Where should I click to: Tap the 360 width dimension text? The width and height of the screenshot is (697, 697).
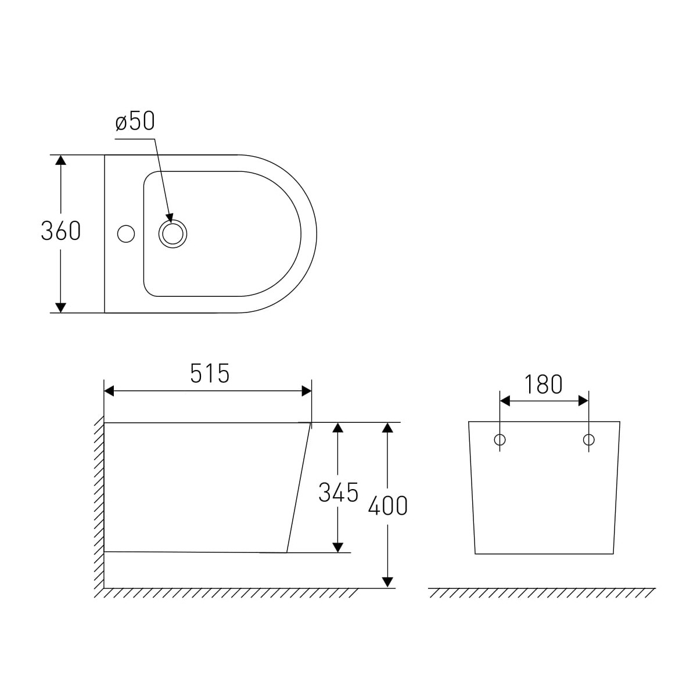61,231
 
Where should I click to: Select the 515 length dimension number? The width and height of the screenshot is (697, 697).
210,373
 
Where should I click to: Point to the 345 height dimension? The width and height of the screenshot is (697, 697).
338,493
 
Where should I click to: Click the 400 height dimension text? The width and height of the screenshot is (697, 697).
388,505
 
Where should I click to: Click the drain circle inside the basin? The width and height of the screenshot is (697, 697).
173,234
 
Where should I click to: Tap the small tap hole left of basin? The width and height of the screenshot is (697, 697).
126,234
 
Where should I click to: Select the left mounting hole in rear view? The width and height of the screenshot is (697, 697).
500,440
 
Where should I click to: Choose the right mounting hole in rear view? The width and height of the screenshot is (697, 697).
589,440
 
